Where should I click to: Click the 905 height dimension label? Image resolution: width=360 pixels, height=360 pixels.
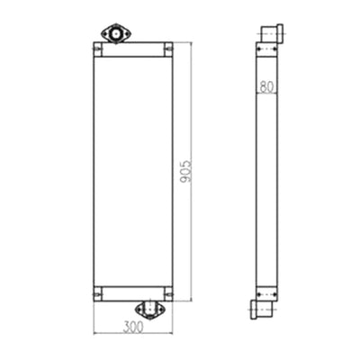186,171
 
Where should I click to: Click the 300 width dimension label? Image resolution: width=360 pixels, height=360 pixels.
133,327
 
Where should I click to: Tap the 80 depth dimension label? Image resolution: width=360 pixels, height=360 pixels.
266,87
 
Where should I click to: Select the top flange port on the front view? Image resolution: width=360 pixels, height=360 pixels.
116,33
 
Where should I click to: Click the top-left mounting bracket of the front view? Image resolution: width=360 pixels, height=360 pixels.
97,49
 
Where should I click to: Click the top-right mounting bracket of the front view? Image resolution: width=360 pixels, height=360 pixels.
168,49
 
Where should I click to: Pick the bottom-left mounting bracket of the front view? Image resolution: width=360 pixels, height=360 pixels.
97,294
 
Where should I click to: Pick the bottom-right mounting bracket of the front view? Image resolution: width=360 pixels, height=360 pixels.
168,294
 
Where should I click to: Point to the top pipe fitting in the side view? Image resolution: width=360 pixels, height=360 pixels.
272,33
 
